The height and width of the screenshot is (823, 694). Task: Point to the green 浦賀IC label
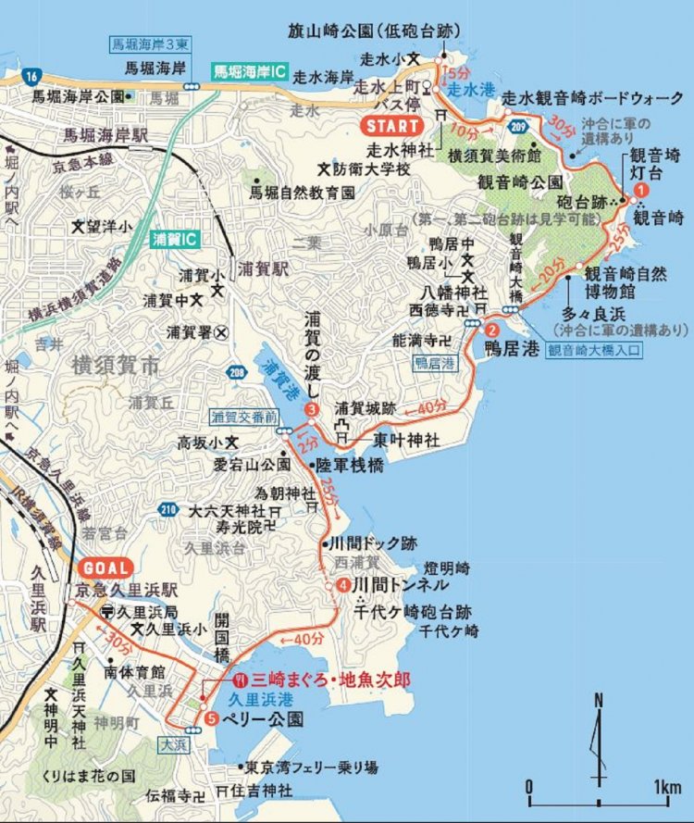[175, 239]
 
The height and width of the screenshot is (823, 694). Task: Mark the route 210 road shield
[168, 508]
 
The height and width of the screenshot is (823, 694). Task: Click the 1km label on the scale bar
[666, 787]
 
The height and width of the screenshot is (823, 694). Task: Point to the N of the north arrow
[599, 700]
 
